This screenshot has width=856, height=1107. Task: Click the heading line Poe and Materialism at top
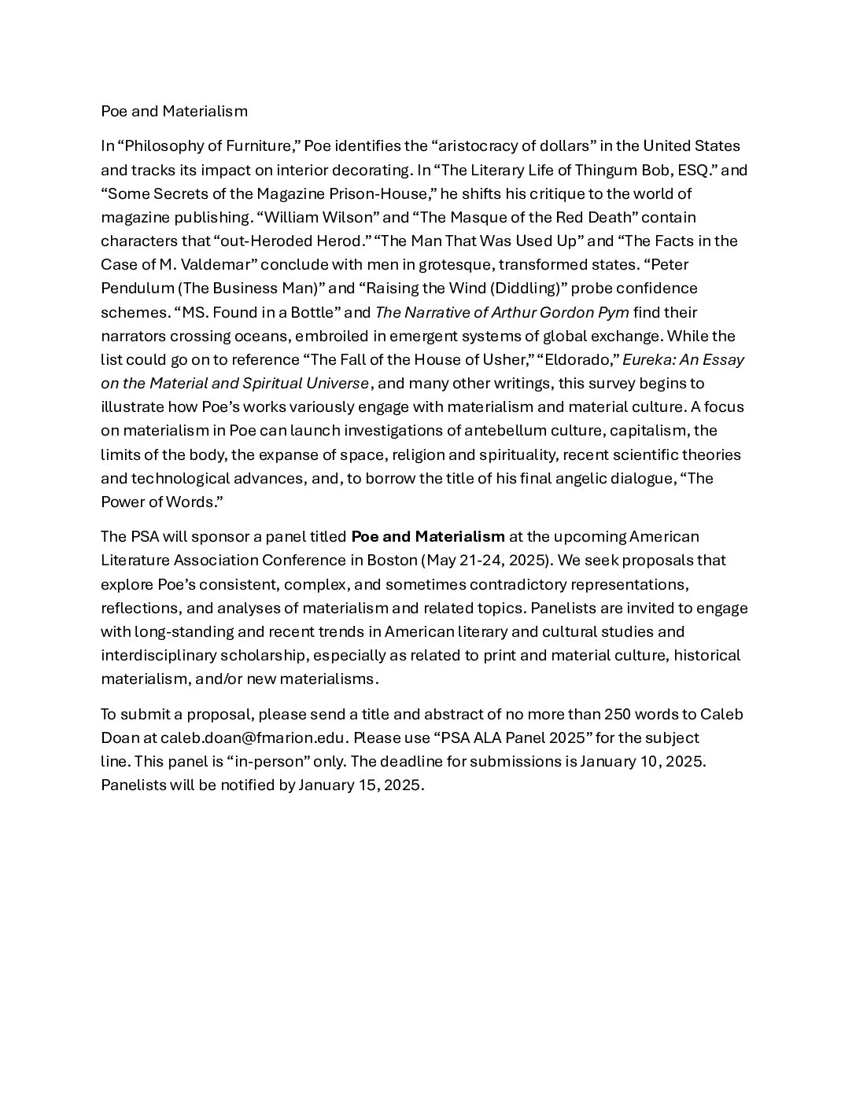(174, 111)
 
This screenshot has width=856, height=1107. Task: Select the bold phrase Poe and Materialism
(428, 537)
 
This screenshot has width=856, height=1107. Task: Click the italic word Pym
(614, 312)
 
